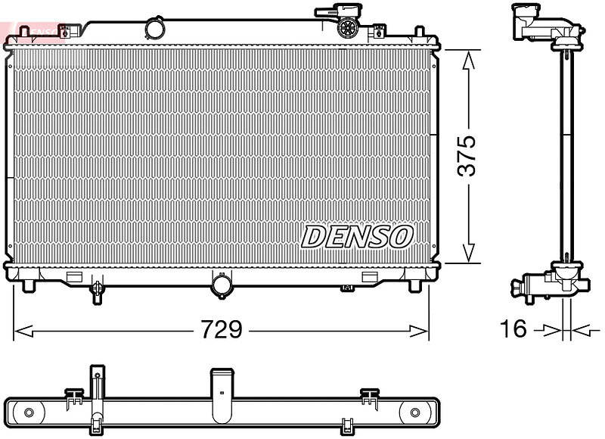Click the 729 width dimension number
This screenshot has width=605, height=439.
[222, 329]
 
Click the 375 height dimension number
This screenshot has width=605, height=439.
[467, 156]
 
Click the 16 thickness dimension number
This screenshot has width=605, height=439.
[513, 328]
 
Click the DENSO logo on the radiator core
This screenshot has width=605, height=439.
[357, 237]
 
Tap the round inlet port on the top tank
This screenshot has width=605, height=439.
[154, 28]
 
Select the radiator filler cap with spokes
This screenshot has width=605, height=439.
[348, 27]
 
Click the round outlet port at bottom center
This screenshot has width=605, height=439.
[222, 285]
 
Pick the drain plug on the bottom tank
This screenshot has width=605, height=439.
[97, 291]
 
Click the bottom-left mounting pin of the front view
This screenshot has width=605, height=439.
[29, 285]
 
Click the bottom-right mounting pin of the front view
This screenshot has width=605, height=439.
[414, 285]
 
